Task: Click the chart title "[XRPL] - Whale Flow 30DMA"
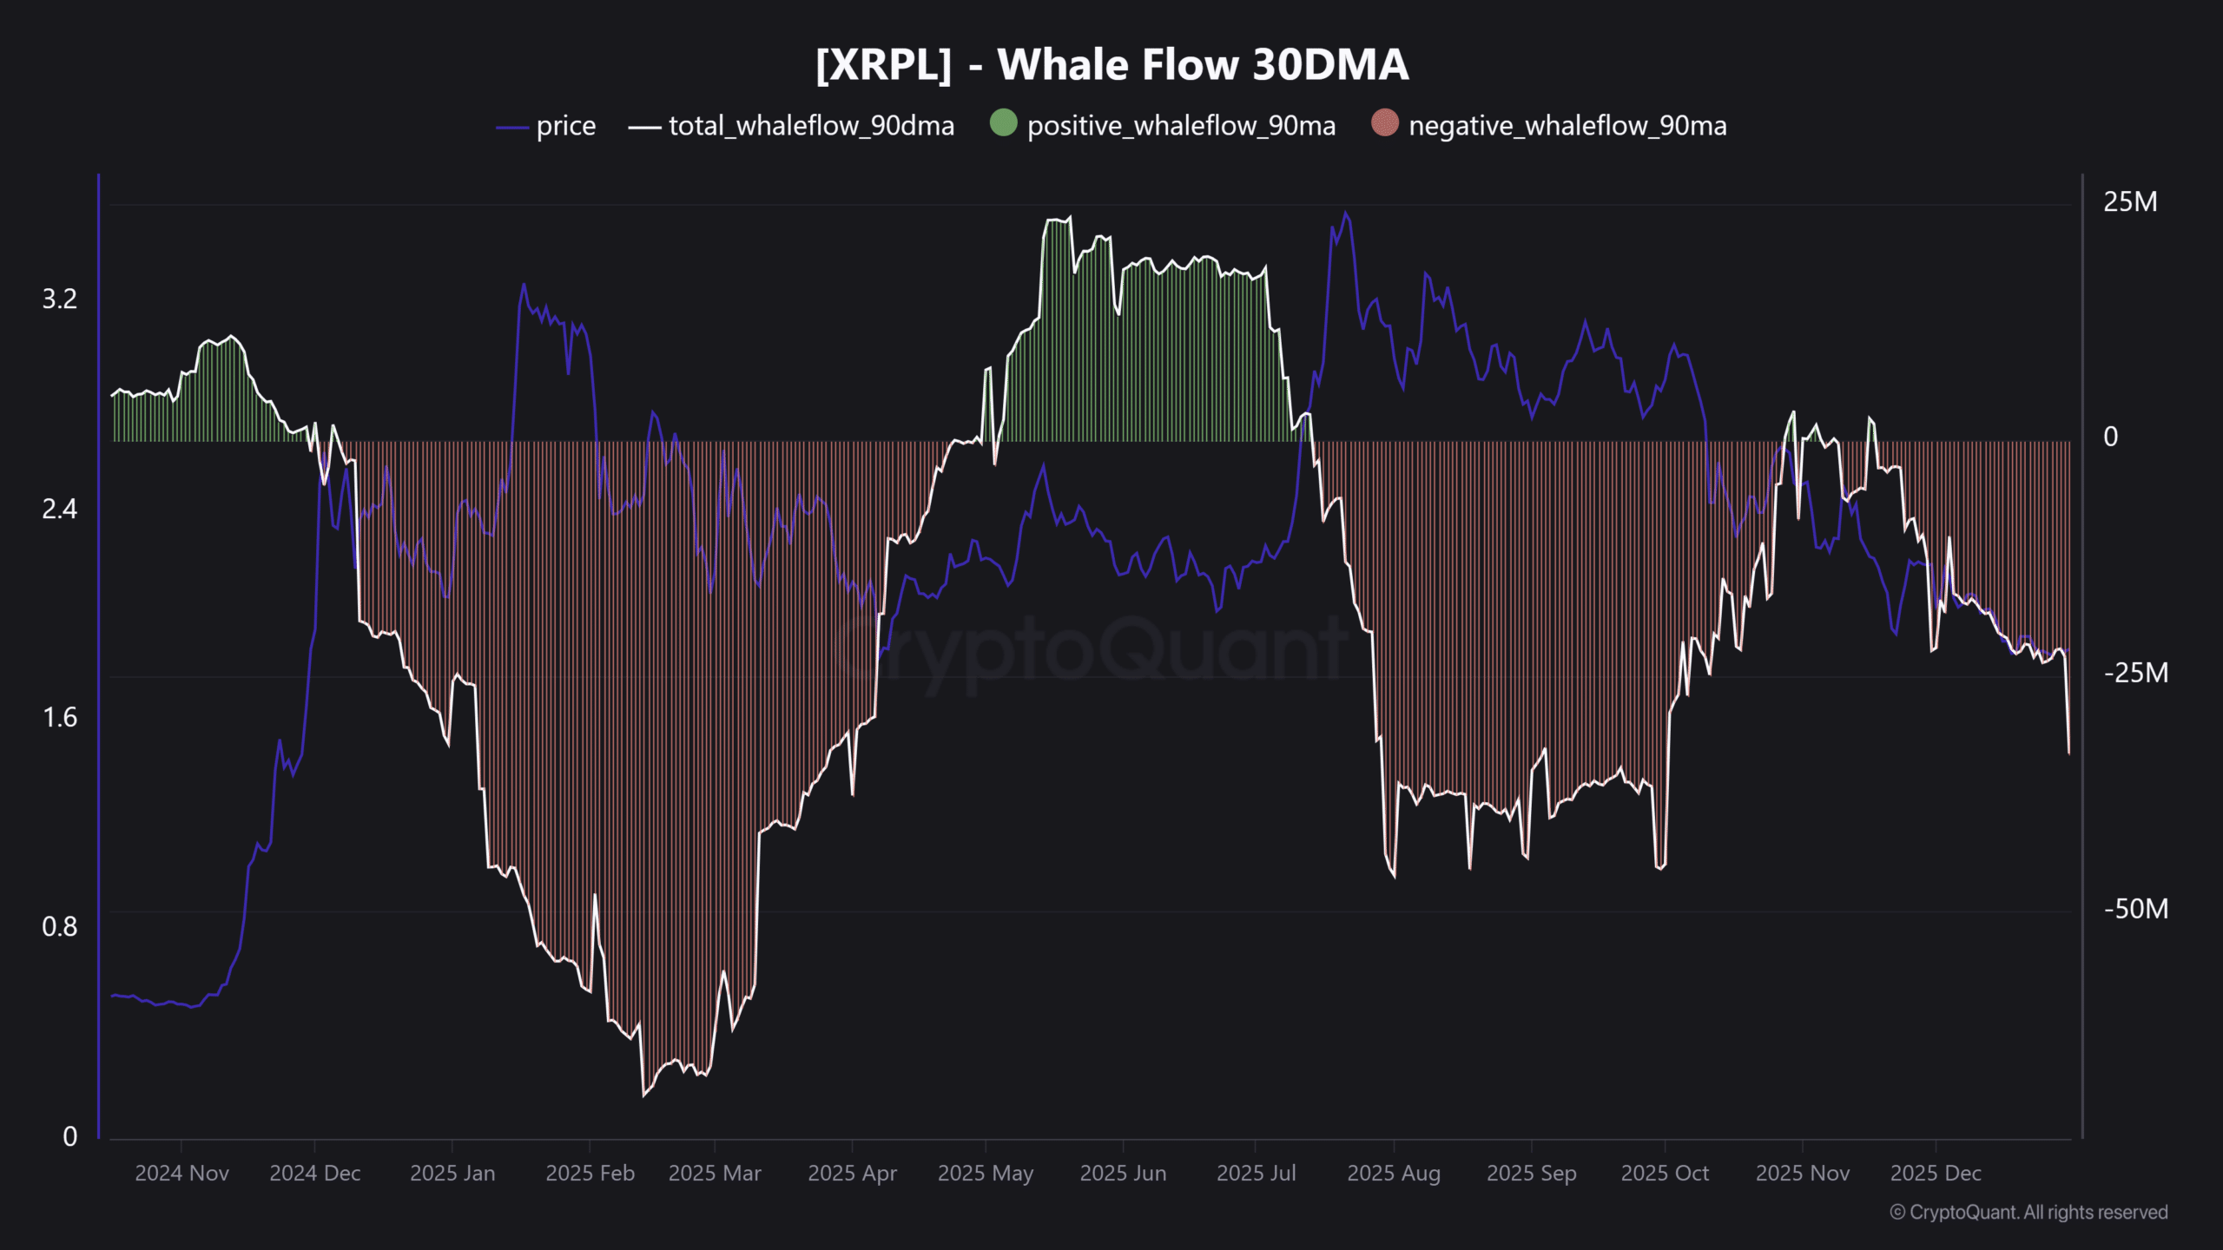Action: (1111, 65)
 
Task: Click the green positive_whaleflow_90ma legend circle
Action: (1003, 123)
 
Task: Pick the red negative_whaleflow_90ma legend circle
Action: (1385, 123)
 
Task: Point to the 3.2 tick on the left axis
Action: (60, 299)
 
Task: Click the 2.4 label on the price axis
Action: (60, 509)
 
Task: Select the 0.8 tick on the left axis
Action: (60, 927)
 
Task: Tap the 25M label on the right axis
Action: (2130, 202)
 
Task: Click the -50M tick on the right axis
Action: (2135, 909)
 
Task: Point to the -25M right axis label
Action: (2135, 673)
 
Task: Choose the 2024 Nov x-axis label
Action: (181, 1174)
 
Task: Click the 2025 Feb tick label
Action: (590, 1174)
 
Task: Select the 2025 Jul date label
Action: (1256, 1174)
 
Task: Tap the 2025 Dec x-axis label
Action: (1936, 1174)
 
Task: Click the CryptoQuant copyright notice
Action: (2028, 1213)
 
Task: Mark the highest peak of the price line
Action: (1346, 213)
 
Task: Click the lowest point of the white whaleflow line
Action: (643, 1095)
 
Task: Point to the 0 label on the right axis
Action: (2110, 437)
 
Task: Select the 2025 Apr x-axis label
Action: (852, 1174)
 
